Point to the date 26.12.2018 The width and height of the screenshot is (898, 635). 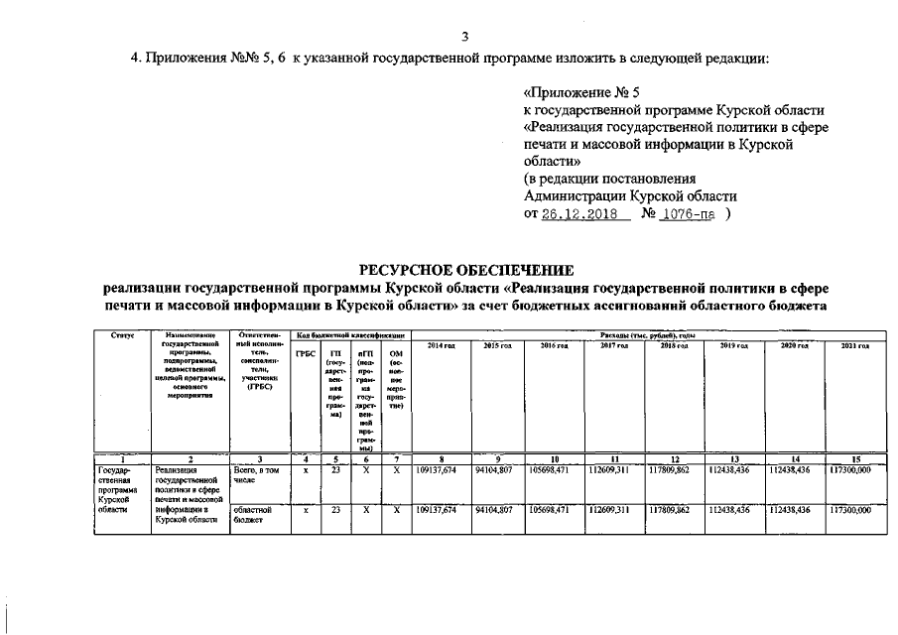tap(580, 214)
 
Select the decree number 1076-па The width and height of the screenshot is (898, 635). tap(688, 214)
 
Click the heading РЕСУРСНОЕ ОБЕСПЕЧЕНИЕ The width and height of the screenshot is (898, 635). tap(464, 269)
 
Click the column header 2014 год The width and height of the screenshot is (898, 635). tap(441, 344)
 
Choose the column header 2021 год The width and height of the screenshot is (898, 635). tap(855, 344)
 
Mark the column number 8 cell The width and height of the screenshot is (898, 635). tap(441, 459)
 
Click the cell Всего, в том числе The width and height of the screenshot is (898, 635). tap(256, 474)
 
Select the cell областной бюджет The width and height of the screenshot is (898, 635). tap(256, 514)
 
